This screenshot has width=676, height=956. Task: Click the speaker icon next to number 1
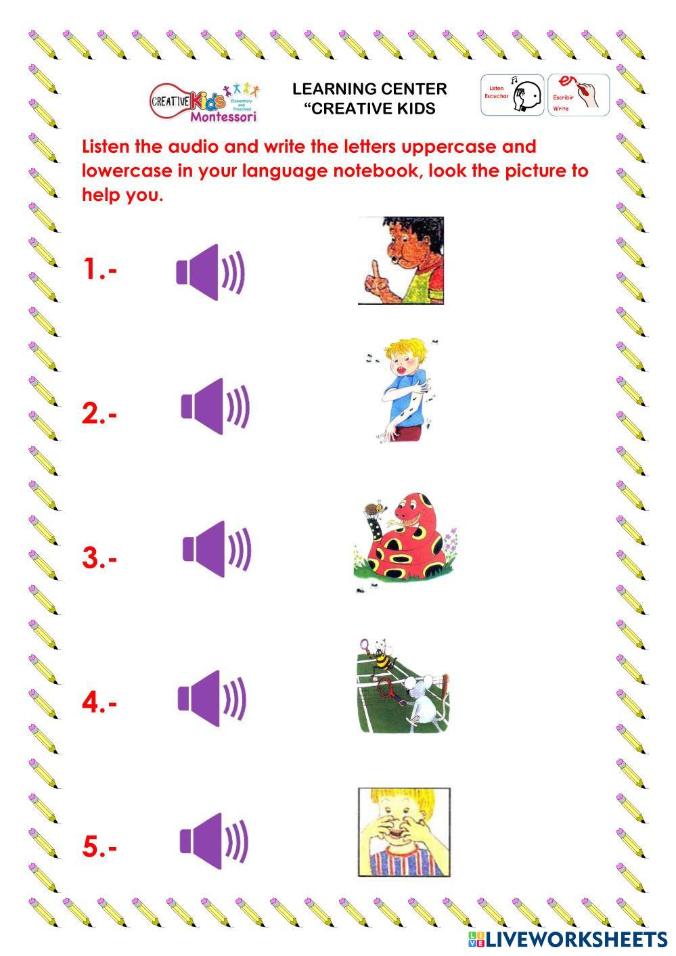click(x=210, y=272)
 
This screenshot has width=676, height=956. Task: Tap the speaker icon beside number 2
click(x=215, y=406)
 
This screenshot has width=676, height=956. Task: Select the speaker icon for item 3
click(x=217, y=549)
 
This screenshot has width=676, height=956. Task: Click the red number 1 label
click(x=99, y=269)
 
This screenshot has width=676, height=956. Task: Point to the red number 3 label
click(x=99, y=559)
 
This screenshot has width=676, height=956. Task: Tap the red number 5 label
click(x=99, y=847)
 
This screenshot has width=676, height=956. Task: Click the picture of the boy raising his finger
click(x=401, y=260)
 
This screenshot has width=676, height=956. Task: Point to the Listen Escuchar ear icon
click(x=512, y=95)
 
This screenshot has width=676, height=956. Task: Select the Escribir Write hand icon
click(x=579, y=95)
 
